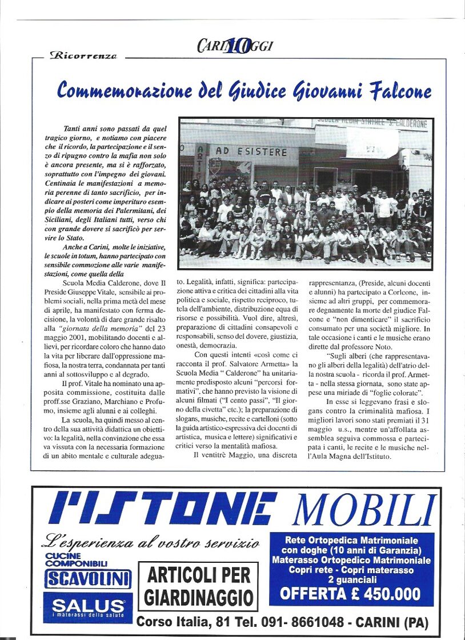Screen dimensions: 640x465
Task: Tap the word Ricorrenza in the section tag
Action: coord(83,56)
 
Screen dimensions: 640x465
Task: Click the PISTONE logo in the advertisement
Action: coord(163,509)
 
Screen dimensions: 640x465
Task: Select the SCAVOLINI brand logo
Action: coord(89,579)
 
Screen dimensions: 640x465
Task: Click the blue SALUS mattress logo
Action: coord(89,607)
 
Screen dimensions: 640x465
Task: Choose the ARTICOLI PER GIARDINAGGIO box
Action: coord(198,587)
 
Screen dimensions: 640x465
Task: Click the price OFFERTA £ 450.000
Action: coord(351,594)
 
